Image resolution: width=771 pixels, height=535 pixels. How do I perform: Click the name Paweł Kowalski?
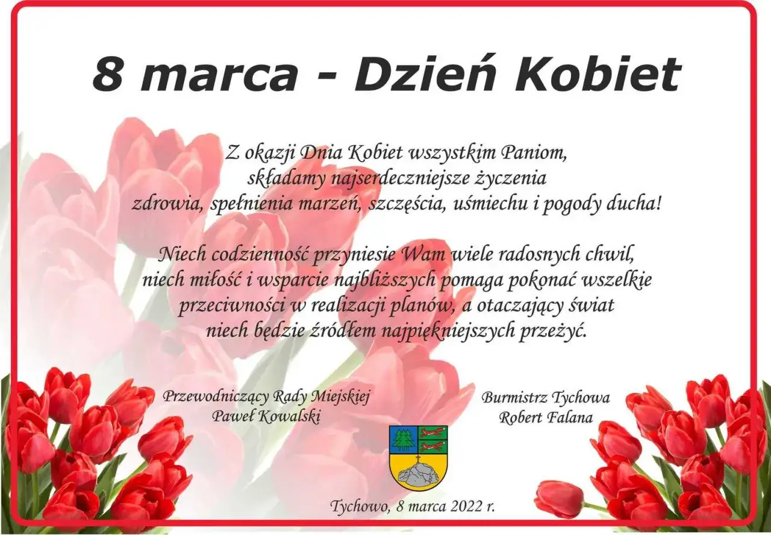coord(265,416)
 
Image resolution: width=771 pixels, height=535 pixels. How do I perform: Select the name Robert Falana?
coord(545,417)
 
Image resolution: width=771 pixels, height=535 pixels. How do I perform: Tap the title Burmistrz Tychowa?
coord(545,398)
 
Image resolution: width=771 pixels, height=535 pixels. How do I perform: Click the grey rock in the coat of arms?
coord(418,475)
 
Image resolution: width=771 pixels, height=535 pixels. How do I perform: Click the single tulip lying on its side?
coord(560,498)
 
